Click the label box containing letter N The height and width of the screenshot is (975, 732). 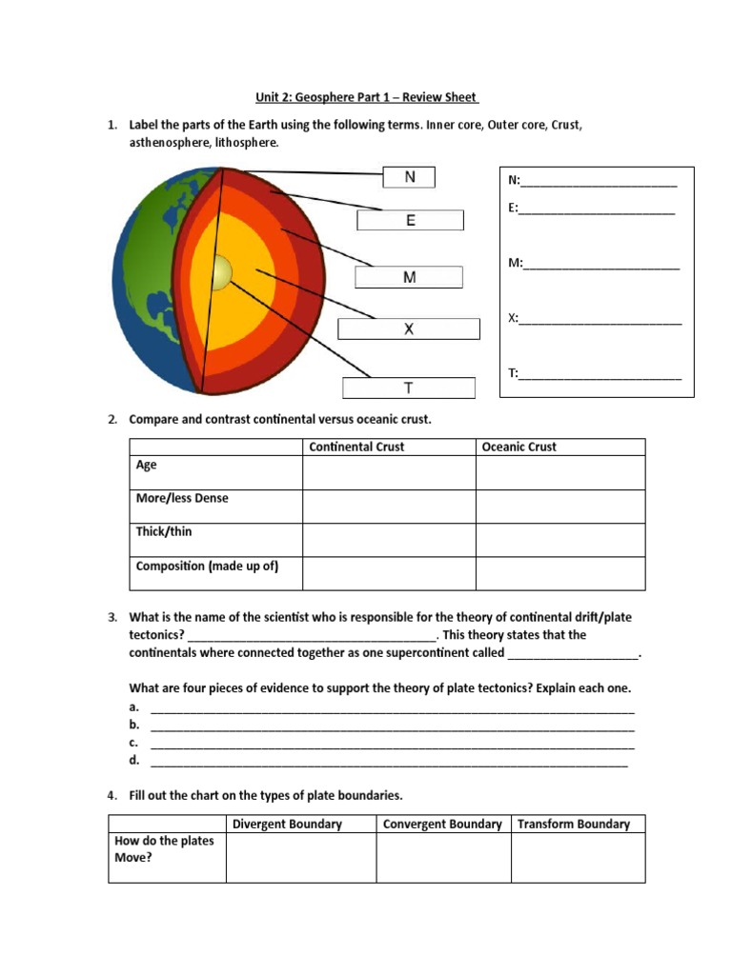point(409,177)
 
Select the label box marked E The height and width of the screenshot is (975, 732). point(410,221)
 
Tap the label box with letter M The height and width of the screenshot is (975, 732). point(409,277)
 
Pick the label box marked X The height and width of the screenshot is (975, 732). point(408,329)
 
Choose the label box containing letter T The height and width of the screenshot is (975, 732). point(408,388)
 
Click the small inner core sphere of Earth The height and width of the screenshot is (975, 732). point(220,273)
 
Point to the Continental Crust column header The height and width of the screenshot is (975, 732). point(356,447)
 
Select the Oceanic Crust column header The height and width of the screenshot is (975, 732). point(519,447)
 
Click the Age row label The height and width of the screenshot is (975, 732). point(147,466)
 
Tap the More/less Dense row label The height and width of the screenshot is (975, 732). point(182,498)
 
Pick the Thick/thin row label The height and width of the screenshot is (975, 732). point(164,531)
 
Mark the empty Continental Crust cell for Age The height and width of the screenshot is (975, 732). point(389,473)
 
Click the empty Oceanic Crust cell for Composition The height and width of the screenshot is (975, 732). point(560,573)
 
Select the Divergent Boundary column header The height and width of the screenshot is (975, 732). point(287,824)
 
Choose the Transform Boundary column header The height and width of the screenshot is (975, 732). point(574,824)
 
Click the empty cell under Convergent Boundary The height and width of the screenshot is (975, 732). point(443,858)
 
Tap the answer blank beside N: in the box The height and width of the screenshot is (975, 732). point(600,183)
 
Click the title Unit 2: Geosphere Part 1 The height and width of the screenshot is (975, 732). point(366,97)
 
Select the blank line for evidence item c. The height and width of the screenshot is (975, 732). point(392,744)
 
